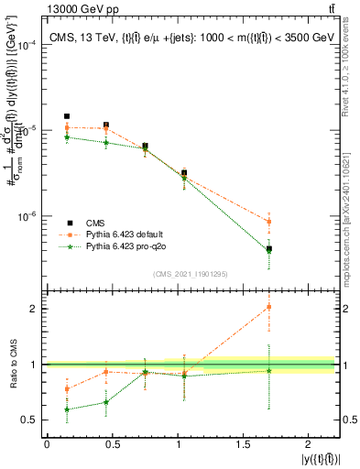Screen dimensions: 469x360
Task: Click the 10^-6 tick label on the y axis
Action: [x=27, y=217]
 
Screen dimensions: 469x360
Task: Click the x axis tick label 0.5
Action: [x=112, y=443]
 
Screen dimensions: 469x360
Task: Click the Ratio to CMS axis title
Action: [x=12, y=364]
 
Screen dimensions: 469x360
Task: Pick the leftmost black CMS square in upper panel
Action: [x=67, y=116]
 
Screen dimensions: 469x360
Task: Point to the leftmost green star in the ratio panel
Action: [x=67, y=409]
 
